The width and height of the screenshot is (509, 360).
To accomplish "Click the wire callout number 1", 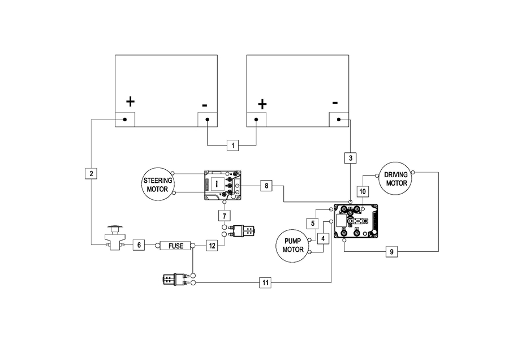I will [x=232, y=145].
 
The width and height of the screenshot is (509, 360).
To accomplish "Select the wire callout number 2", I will [x=90, y=173].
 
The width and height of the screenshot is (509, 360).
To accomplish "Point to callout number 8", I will [x=266, y=185].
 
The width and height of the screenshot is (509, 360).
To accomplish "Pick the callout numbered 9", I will [x=391, y=252].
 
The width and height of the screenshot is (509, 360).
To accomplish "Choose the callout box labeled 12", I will [x=212, y=246].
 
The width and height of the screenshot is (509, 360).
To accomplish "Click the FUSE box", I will [x=176, y=246].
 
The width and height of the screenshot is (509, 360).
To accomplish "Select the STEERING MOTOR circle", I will [x=158, y=184].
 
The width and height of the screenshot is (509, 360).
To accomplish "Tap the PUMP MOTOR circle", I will [x=291, y=246].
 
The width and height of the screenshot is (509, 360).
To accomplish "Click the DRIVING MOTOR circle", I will [x=396, y=178].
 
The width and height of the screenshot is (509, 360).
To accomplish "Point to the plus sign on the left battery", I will [x=131, y=102].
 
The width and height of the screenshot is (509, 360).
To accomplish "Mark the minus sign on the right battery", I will [x=335, y=102].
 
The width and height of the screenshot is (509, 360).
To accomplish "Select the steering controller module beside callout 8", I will [x=223, y=186].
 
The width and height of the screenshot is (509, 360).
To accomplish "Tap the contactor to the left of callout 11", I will [x=174, y=278].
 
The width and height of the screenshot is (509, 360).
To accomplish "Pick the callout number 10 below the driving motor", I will [x=363, y=192].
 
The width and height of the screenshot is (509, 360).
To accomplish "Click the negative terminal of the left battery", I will [x=207, y=119].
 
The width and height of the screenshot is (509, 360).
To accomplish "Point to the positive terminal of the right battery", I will [x=257, y=119].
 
